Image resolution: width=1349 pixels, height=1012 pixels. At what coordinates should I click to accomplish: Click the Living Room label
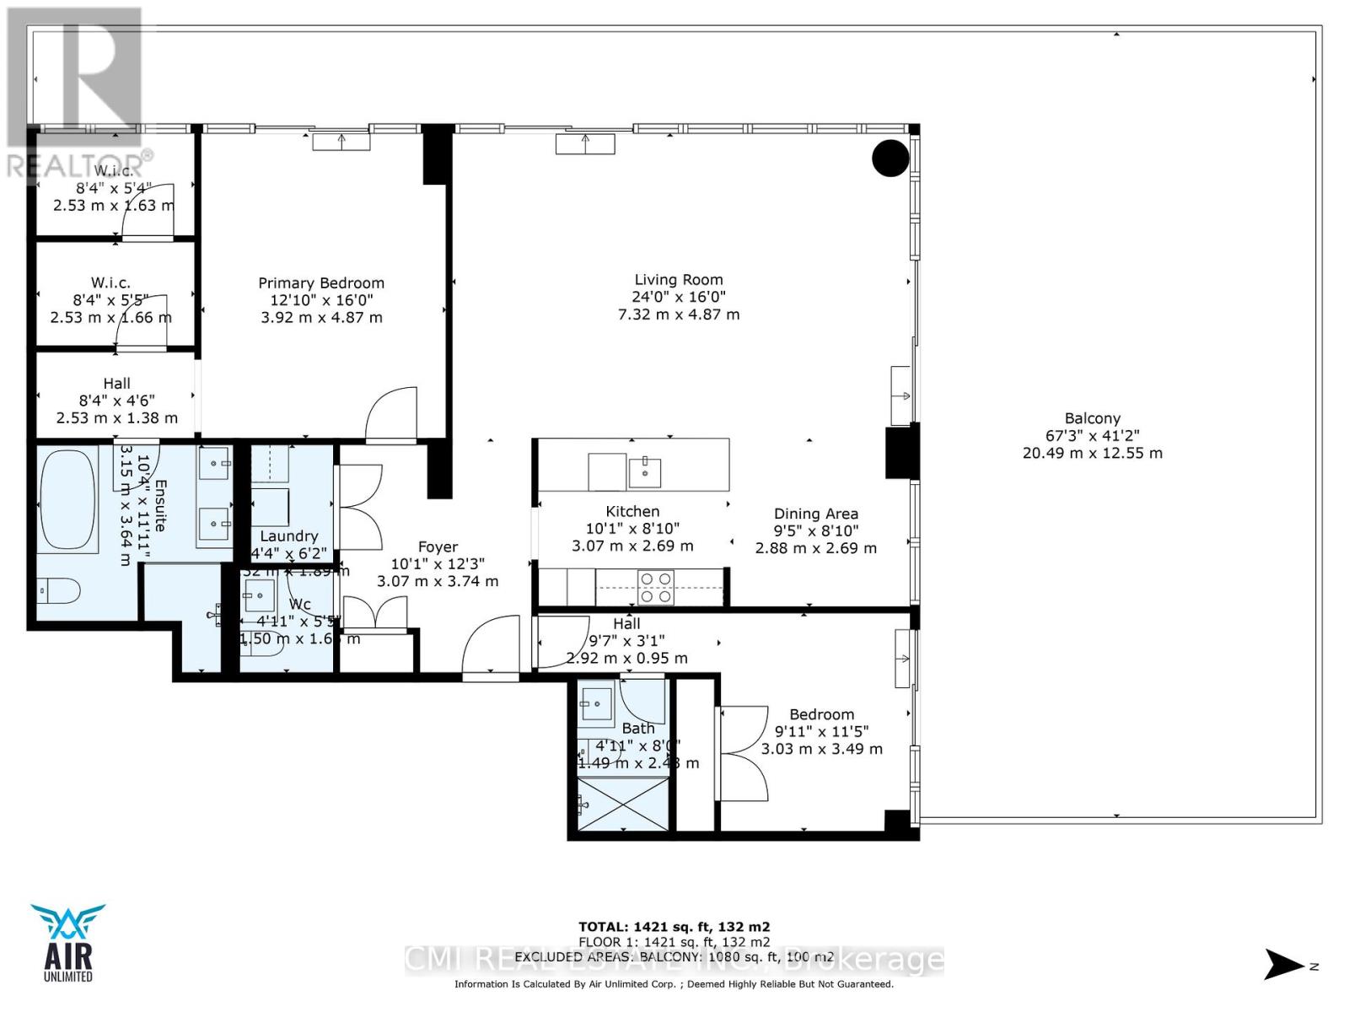pyautogui.click(x=679, y=280)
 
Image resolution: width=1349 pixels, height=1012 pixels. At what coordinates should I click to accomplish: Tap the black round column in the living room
pyautogui.click(x=890, y=157)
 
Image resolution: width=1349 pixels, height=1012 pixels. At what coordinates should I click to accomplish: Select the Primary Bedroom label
pyautogui.click(x=321, y=283)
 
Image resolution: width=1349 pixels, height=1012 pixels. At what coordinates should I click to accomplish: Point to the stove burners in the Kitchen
pyautogui.click(x=655, y=587)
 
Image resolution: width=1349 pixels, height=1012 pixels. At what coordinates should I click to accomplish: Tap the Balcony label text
pyautogui.click(x=1093, y=418)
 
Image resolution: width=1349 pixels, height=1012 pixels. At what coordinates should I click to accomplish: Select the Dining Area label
pyautogui.click(x=816, y=514)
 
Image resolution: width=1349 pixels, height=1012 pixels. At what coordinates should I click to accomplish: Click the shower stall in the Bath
pyautogui.click(x=621, y=805)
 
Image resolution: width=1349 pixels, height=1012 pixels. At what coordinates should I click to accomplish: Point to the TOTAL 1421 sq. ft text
pyautogui.click(x=674, y=927)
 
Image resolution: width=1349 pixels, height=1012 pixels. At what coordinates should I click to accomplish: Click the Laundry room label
pyautogui.click(x=289, y=536)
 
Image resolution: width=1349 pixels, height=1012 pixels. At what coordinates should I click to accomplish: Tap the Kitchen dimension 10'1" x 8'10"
pyautogui.click(x=632, y=529)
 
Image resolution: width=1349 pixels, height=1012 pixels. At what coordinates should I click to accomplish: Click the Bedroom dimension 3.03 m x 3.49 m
pyautogui.click(x=822, y=749)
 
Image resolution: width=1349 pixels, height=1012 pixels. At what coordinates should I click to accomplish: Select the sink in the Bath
pyautogui.click(x=598, y=702)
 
